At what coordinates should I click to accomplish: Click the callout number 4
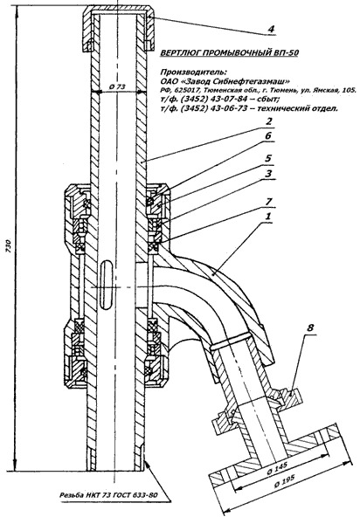pyautogui.click(x=271, y=29)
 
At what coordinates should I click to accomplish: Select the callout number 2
pyautogui.click(x=269, y=121)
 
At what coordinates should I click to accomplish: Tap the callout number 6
pyautogui.click(x=268, y=136)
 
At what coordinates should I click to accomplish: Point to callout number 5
pyautogui.click(x=268, y=158)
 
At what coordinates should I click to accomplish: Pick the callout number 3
pyautogui.click(x=269, y=174)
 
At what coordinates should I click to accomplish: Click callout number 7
pyautogui.click(x=269, y=201)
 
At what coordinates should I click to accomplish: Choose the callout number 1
pyautogui.click(x=268, y=217)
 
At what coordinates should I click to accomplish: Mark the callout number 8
pyautogui.click(x=310, y=328)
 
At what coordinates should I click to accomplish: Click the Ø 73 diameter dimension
pyautogui.click(x=117, y=86)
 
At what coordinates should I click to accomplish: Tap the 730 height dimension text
pyautogui.click(x=9, y=246)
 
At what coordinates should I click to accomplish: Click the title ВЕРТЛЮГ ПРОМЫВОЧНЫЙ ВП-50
pyautogui.click(x=229, y=52)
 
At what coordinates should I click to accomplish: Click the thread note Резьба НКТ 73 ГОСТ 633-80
pyautogui.click(x=108, y=495)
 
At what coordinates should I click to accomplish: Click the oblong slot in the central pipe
pyautogui.click(x=107, y=284)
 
